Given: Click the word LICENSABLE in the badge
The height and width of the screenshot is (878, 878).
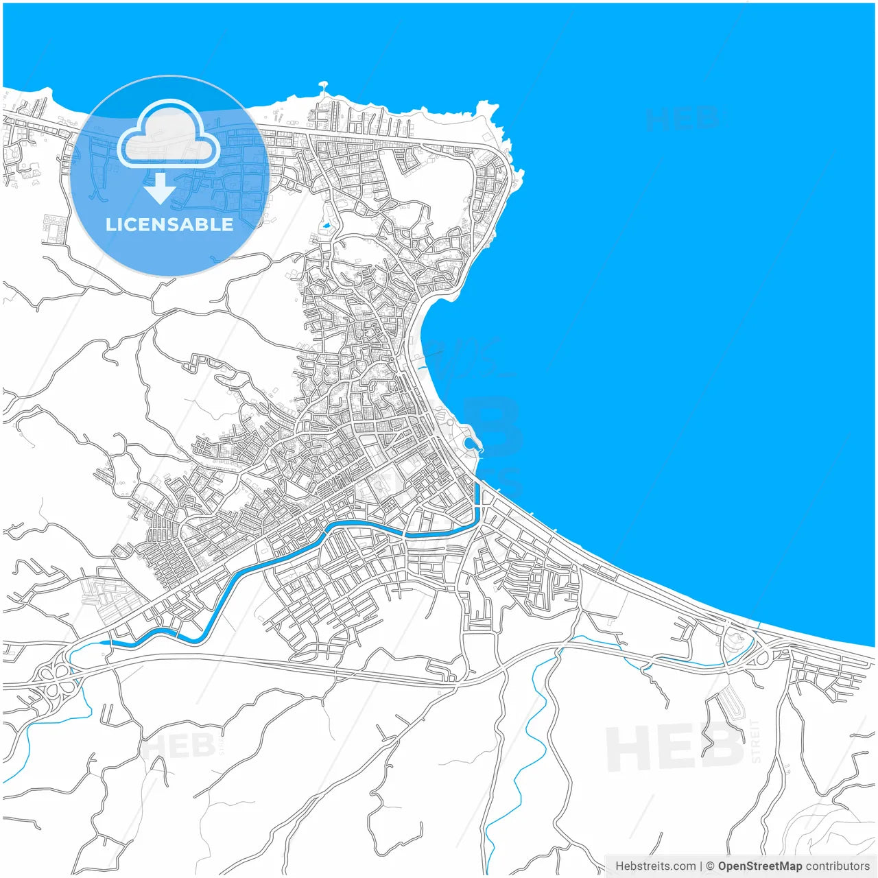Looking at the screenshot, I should pyautogui.click(x=169, y=224).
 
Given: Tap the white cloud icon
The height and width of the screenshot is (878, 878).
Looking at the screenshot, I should pyautogui.click(x=168, y=134).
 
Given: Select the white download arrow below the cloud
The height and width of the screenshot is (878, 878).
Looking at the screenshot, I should pyautogui.click(x=160, y=189).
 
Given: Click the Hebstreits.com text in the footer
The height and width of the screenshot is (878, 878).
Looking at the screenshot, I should pyautogui.click(x=655, y=866).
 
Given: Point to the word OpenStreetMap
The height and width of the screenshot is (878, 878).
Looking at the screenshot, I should pyautogui.click(x=759, y=866).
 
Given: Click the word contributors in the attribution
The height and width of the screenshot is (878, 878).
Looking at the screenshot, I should pyautogui.click(x=837, y=866).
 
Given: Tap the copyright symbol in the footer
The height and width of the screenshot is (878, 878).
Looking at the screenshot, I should pyautogui.click(x=710, y=866).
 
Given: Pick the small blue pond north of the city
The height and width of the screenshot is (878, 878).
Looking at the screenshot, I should pyautogui.click(x=327, y=224).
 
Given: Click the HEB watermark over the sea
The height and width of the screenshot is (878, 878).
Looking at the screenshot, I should pyautogui.click(x=680, y=119).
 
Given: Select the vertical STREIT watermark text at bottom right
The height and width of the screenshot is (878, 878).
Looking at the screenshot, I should pyautogui.click(x=756, y=741).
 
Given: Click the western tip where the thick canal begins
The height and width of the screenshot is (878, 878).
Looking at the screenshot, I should pyautogui.click(x=104, y=642).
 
